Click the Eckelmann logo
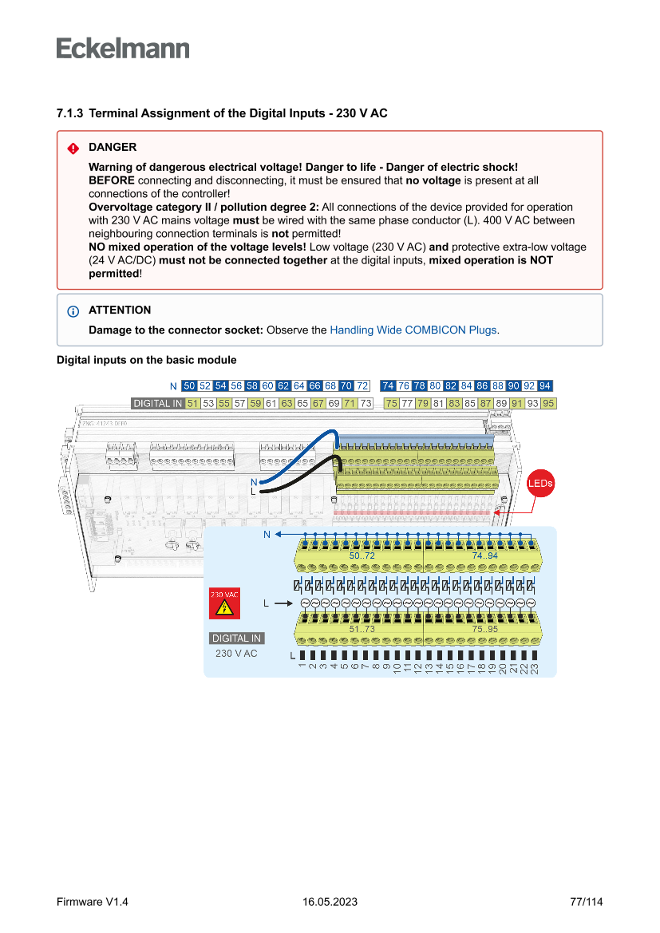pos(123,48)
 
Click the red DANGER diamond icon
pos(73,148)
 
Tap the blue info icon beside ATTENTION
pos(73,310)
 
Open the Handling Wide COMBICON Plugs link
pos(413,330)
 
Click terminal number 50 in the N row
pos(189,385)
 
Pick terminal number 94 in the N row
pos(545,385)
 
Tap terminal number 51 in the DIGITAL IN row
pos(192,403)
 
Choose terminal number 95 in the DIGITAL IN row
pos(548,403)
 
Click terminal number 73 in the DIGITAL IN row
pos(366,403)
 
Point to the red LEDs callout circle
pos(540,484)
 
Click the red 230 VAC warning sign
pos(224,604)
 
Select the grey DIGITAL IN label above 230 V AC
pos(236,638)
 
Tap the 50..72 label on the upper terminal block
pos(362,555)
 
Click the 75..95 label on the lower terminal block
pos(484,629)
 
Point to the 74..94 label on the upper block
pos(484,555)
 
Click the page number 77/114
pos(587,902)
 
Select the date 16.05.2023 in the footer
pos(330,902)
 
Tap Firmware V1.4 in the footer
pos(93,902)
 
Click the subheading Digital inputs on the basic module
pos(146,360)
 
